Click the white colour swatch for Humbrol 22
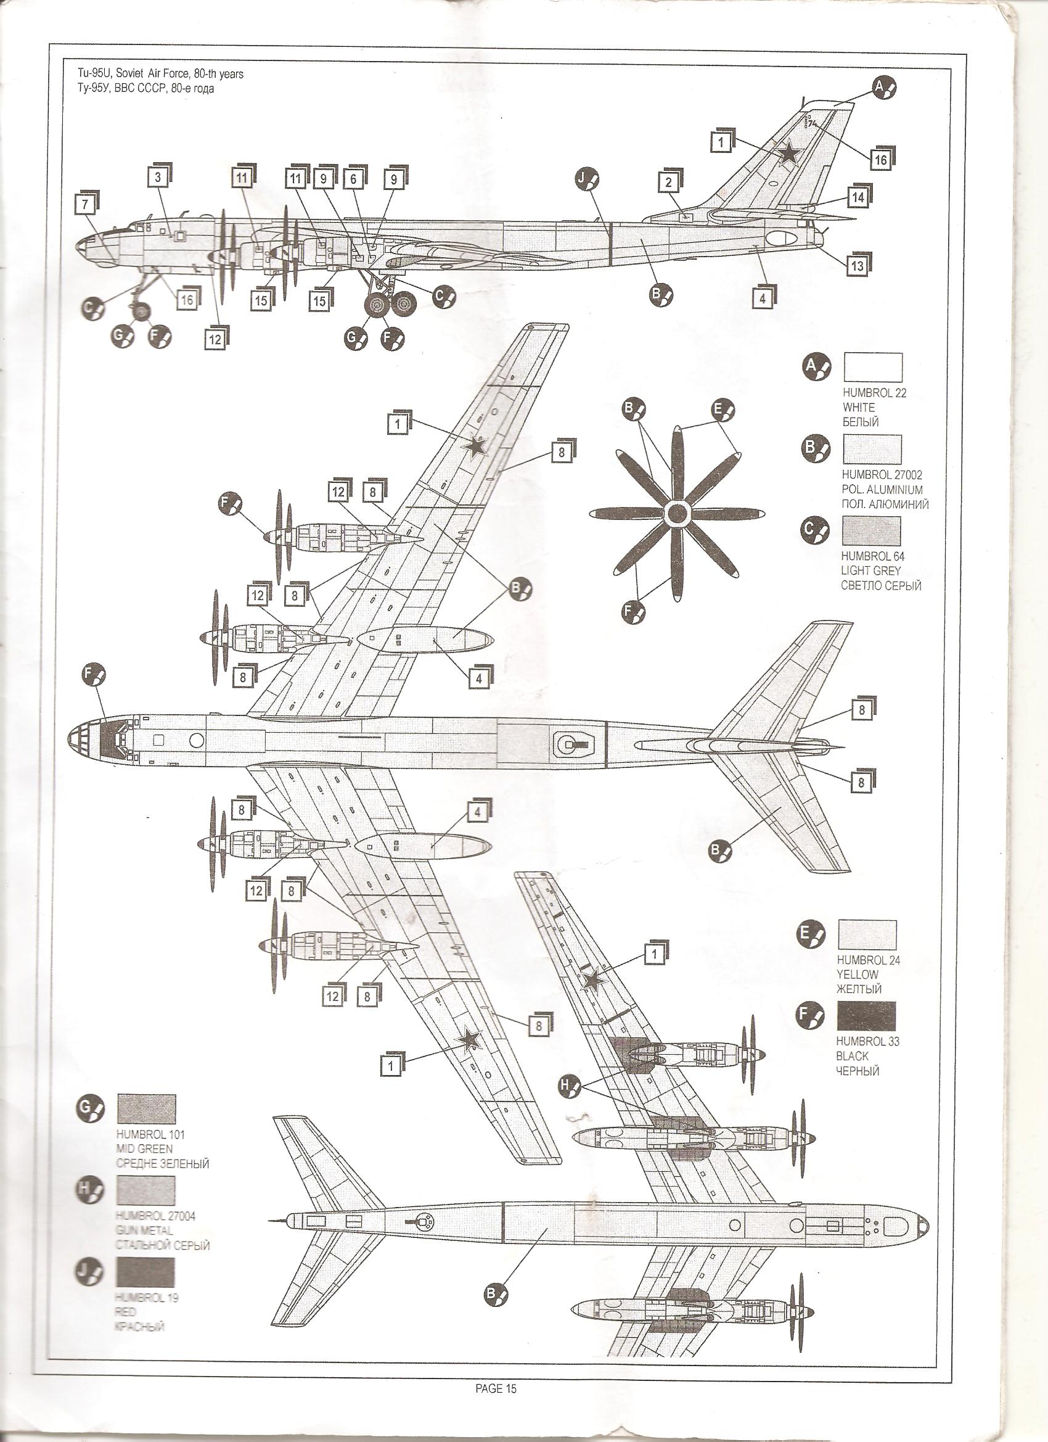872,368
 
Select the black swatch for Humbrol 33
866,1016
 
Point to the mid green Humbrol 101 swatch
147,1108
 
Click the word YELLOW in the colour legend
858,974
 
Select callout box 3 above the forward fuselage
158,178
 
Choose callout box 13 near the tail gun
857,265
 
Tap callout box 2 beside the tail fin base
668,183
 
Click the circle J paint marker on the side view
587,182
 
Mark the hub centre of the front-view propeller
678,511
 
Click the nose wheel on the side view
142,311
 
